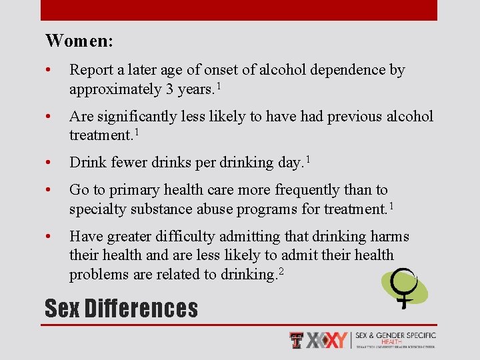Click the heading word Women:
point(79,41)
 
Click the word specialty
point(98,209)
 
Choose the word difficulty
point(195,237)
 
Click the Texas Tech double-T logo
point(295,340)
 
